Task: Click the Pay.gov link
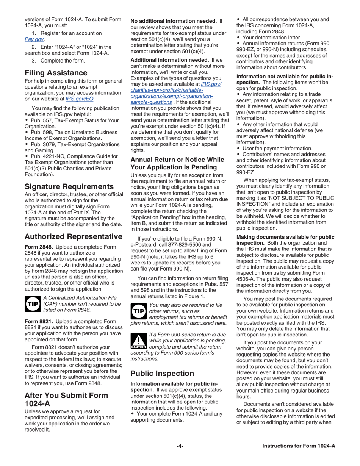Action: coord(33,39)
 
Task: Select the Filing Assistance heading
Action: coord(56,72)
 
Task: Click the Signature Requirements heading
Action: coord(69,186)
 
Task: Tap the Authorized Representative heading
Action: coord(73,237)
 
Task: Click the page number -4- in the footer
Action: coord(180,446)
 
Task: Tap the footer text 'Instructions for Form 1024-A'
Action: coord(299,446)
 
